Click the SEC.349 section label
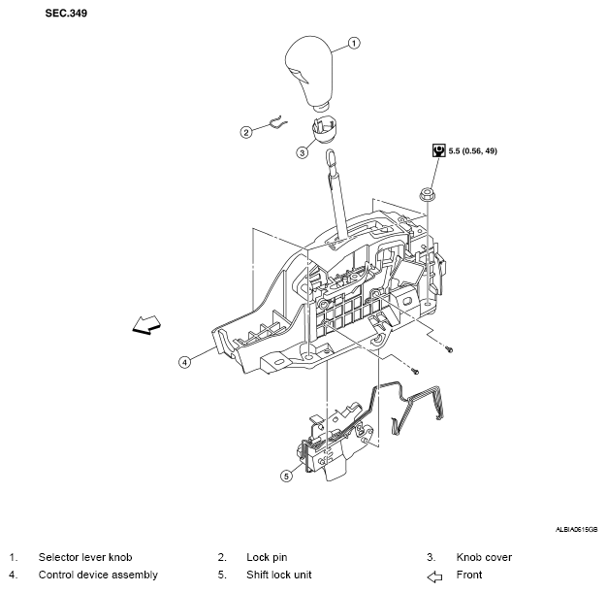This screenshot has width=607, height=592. (x=66, y=14)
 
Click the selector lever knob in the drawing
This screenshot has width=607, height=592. (x=309, y=71)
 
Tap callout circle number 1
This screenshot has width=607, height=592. (x=354, y=43)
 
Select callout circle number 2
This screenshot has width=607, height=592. (x=246, y=132)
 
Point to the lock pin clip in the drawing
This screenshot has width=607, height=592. (x=278, y=122)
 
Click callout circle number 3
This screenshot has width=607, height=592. (x=303, y=152)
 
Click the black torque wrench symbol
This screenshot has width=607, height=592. (x=438, y=150)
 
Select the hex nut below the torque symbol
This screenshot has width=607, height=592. (x=427, y=194)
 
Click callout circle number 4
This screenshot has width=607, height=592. (x=184, y=362)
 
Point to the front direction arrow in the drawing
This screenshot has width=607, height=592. (x=146, y=324)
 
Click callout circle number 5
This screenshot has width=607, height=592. (x=286, y=476)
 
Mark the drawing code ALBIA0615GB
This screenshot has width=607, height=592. (x=576, y=529)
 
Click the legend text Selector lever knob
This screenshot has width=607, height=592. (x=85, y=557)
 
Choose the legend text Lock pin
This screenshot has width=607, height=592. (x=267, y=557)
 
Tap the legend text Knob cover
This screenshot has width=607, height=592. (x=484, y=557)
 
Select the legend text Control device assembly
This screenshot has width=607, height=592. (x=98, y=575)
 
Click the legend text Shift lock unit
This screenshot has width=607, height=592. (x=278, y=575)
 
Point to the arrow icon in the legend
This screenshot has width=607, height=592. (x=434, y=576)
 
